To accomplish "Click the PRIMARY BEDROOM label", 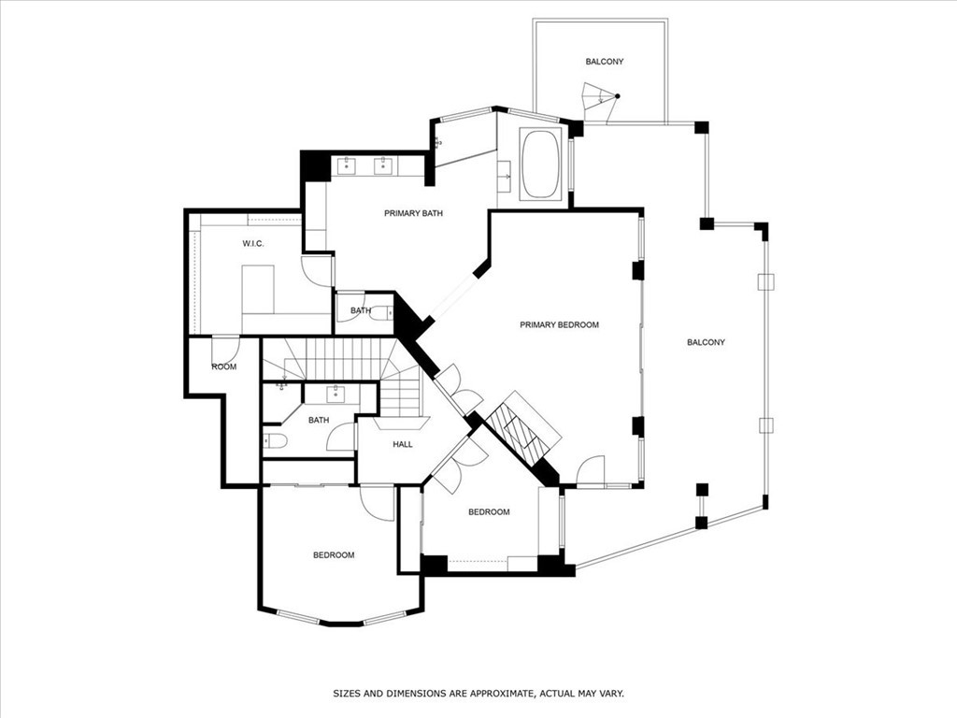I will pyautogui.click(x=559, y=324).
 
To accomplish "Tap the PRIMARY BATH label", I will pyautogui.click(x=413, y=213).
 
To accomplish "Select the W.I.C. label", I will pyautogui.click(x=253, y=244).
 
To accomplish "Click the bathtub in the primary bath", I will pyautogui.click(x=540, y=165).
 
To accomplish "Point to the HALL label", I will pyautogui.click(x=402, y=444).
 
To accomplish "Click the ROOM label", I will pyautogui.click(x=223, y=366).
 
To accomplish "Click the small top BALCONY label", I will pyautogui.click(x=604, y=62).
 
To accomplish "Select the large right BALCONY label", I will pyautogui.click(x=706, y=342).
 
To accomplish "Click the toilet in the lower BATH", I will pyautogui.click(x=275, y=440).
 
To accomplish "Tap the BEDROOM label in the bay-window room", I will pyautogui.click(x=334, y=555).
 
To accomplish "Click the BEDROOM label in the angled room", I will pyautogui.click(x=489, y=511).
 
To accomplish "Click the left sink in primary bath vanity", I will pyautogui.click(x=346, y=166).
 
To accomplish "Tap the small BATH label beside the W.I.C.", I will pyautogui.click(x=361, y=310).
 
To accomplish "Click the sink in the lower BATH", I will pyautogui.click(x=334, y=393).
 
